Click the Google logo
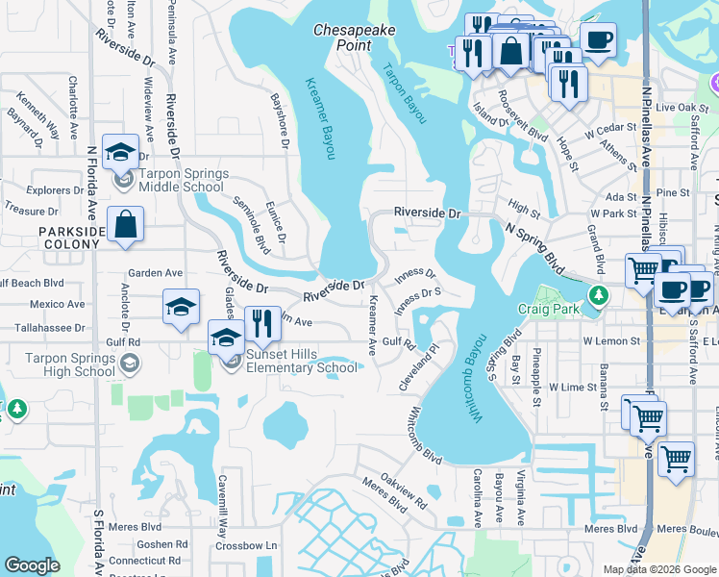tap(32, 565)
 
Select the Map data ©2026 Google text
tap(659, 569)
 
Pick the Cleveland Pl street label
tap(419, 372)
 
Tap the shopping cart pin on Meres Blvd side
tap(677, 458)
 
